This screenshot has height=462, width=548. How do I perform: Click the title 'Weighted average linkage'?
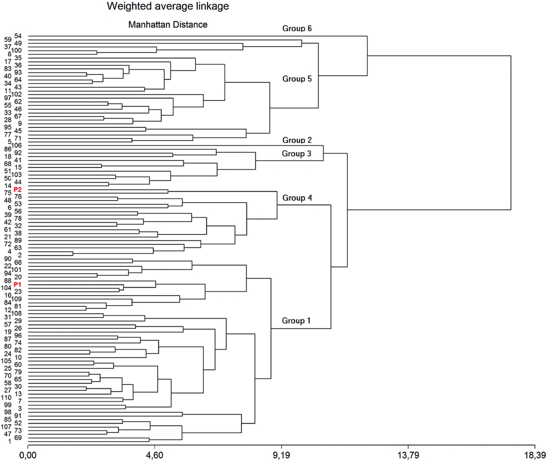[x=160, y=7]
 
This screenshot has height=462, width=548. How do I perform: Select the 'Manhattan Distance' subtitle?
[x=168, y=25]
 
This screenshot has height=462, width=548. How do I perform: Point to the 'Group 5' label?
[x=297, y=78]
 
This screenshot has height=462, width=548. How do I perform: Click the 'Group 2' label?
[x=297, y=140]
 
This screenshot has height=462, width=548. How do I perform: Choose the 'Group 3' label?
[x=297, y=154]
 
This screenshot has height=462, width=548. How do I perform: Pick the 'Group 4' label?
[x=297, y=198]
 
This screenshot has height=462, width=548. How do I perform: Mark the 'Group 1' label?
[x=297, y=321]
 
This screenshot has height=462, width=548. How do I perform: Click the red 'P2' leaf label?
[x=18, y=190]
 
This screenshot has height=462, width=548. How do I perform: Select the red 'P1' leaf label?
[x=18, y=285]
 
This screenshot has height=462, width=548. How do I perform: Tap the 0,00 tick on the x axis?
[x=28, y=455]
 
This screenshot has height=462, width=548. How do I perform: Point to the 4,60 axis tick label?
[x=154, y=455]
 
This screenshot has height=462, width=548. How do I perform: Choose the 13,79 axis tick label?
[x=408, y=455]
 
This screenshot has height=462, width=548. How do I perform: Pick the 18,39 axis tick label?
[x=535, y=455]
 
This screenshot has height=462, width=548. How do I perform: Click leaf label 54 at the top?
[x=18, y=36]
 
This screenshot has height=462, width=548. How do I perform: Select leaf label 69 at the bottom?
[x=18, y=437]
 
